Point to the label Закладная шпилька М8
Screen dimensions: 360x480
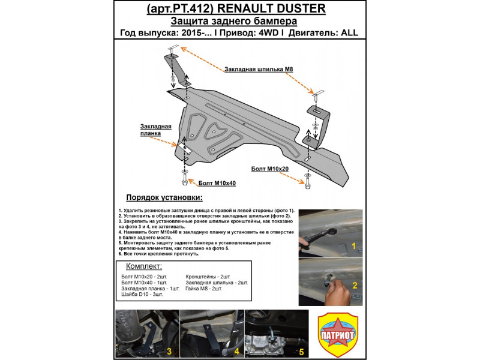click(259, 70)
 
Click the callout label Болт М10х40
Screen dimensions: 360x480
click(217, 182)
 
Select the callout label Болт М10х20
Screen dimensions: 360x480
click(271, 169)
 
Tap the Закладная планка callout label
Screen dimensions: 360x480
click(156, 130)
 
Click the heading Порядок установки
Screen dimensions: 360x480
click(164, 197)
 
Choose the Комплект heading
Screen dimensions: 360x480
click(143, 266)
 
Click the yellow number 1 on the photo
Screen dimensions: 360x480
click(354, 246)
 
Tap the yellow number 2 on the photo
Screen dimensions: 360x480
click(354, 285)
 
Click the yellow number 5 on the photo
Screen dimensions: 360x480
click(301, 350)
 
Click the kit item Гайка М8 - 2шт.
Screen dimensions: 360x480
click(204, 289)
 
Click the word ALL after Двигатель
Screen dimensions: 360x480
click(349, 33)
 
